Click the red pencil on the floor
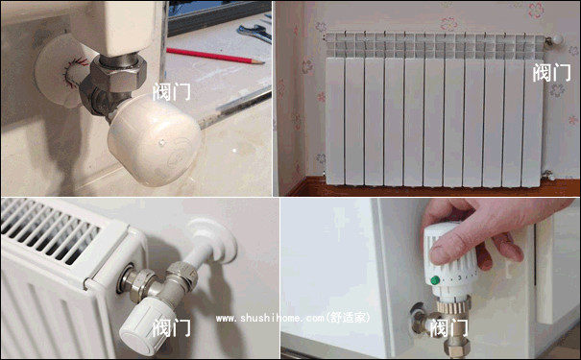coord(216,56)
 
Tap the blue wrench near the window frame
coord(254,33)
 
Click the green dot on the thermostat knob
coord(435,279)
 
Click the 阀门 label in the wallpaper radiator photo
coord(551,72)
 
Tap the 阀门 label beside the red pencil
coord(172,91)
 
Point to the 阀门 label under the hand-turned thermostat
coord(449,328)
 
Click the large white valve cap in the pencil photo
coord(154,139)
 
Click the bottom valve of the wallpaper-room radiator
coord(548,175)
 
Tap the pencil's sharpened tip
coord(261,62)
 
